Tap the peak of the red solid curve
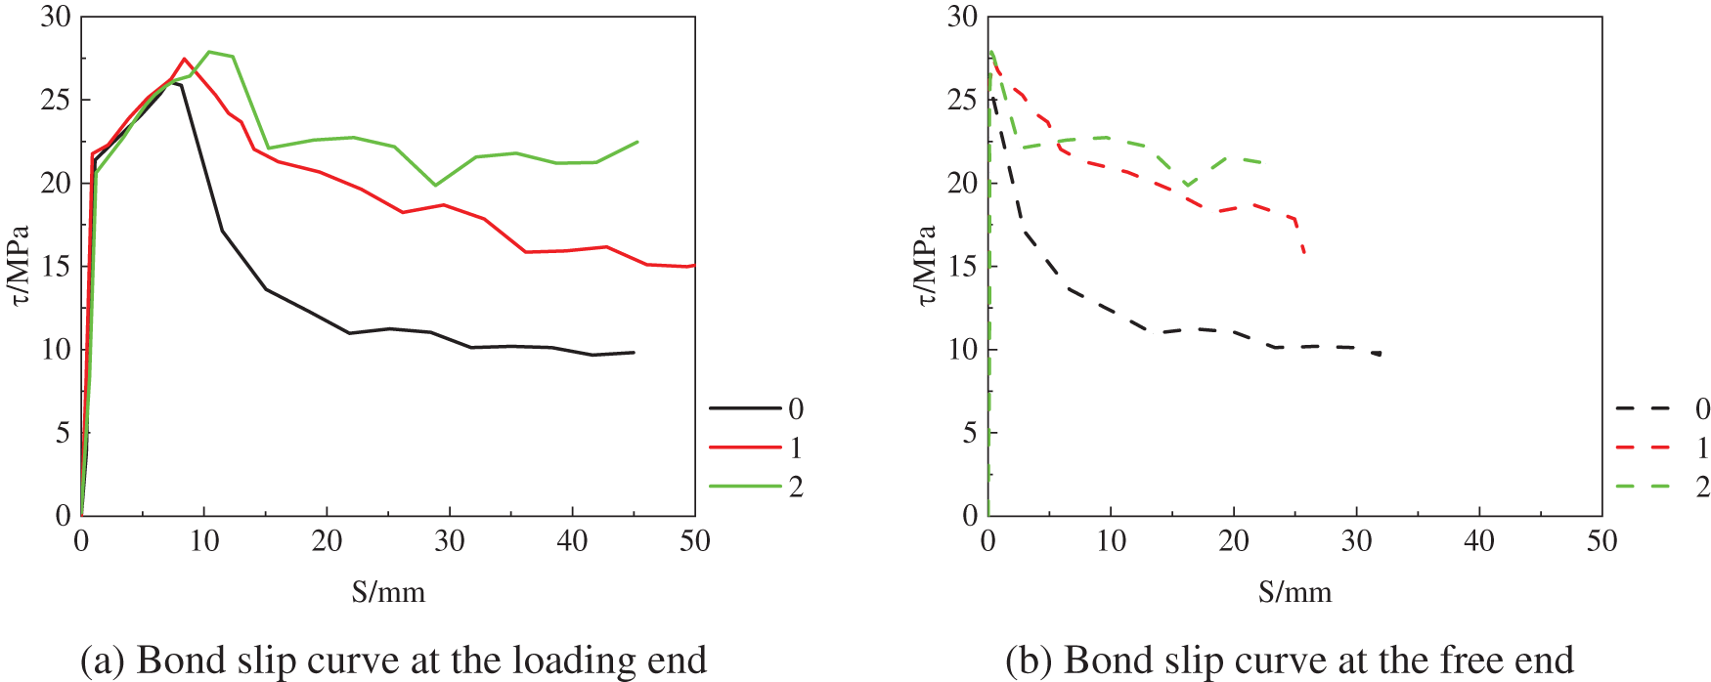(x=184, y=59)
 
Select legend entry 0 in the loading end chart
(x=795, y=408)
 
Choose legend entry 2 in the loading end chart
(x=795, y=487)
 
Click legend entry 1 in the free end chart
(x=1702, y=448)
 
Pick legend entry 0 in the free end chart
(x=1702, y=408)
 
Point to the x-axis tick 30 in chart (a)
(x=450, y=540)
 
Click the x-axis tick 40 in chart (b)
(x=1479, y=540)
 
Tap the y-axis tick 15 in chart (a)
(x=55, y=266)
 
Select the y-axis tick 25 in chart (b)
(x=962, y=100)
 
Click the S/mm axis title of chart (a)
(x=388, y=592)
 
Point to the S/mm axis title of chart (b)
(x=1295, y=592)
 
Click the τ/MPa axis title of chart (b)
(x=926, y=266)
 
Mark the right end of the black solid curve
(x=635, y=352)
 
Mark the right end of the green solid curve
(x=637, y=142)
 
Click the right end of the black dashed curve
(x=1381, y=354)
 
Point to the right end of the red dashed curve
(x=1305, y=255)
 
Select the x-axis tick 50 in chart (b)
(x=1601, y=540)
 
